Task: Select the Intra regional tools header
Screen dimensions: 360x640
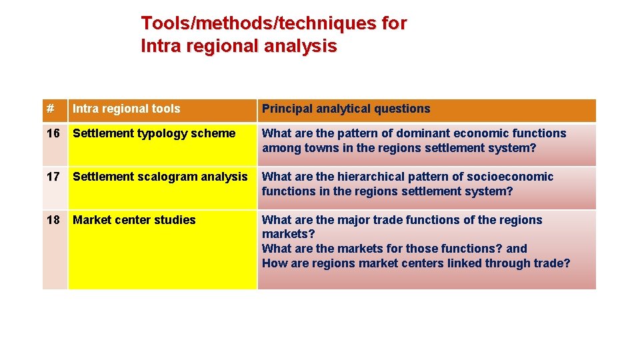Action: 126,109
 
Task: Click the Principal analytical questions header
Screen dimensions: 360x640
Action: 346,109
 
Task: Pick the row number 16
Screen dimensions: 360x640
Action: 53,133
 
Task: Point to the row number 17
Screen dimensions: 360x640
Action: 53,177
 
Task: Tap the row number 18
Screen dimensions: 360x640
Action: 53,220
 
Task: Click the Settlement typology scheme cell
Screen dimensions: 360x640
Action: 154,133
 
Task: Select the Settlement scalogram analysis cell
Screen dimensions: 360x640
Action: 160,177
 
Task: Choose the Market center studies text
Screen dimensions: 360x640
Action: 134,220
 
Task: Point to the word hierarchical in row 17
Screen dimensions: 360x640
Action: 369,177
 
